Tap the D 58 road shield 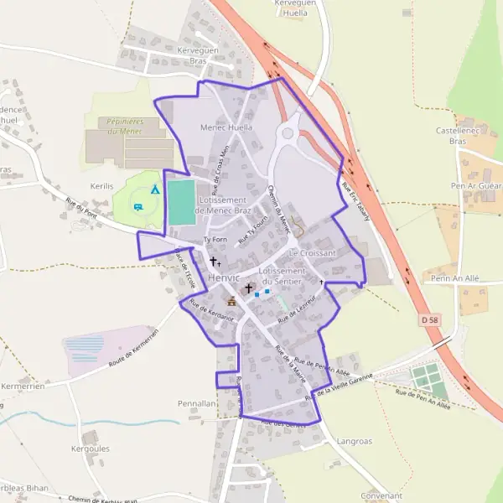(430, 320)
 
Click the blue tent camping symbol (154, 189)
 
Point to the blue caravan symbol (137, 206)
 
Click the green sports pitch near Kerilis (182, 202)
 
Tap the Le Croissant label (312, 252)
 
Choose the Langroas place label (354, 440)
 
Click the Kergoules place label (90, 449)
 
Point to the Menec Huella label (226, 127)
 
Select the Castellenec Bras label (456, 136)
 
